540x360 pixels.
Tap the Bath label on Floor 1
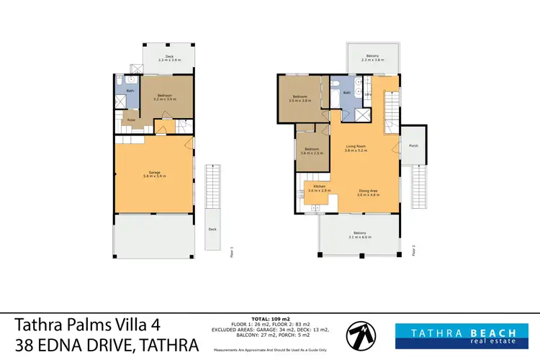click(130, 91)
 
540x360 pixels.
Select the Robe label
click(132, 120)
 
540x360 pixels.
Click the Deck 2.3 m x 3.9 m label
click(169, 58)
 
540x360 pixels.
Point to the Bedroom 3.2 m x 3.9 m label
click(166, 98)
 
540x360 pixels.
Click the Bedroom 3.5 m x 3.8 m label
click(300, 99)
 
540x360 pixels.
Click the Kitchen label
click(318, 189)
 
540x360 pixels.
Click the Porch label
click(413, 144)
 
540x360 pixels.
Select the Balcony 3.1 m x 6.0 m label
click(359, 234)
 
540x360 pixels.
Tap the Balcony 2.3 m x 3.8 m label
click(372, 58)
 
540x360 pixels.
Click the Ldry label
click(367, 94)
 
